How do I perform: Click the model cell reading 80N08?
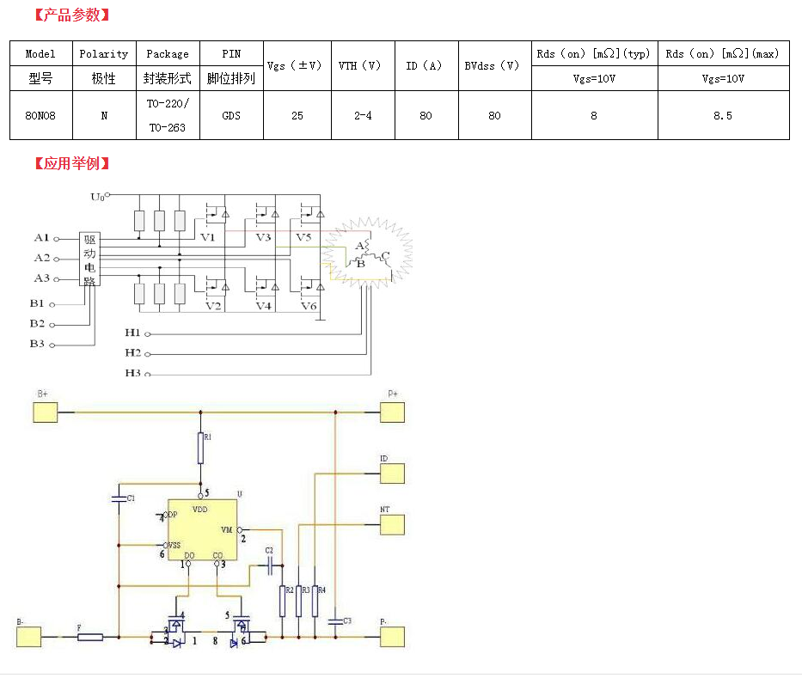click(x=40, y=115)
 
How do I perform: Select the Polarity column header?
click(x=104, y=53)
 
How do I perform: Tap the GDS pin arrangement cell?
click(x=231, y=115)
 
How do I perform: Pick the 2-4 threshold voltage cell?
click(x=363, y=115)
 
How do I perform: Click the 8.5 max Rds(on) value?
click(x=723, y=115)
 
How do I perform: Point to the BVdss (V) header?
click(x=494, y=65)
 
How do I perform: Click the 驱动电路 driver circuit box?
click(x=89, y=258)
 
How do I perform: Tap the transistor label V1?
click(x=208, y=237)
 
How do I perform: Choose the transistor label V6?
click(x=308, y=306)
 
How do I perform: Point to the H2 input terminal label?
click(x=132, y=353)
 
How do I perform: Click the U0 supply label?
click(x=98, y=197)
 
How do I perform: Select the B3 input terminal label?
click(x=37, y=344)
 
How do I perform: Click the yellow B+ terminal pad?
click(x=46, y=412)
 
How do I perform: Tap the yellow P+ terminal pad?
click(x=393, y=412)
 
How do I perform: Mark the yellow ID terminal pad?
click(x=393, y=473)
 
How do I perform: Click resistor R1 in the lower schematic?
click(x=201, y=449)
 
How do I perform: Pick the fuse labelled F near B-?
click(x=90, y=637)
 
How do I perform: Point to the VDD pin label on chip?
click(x=199, y=510)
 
